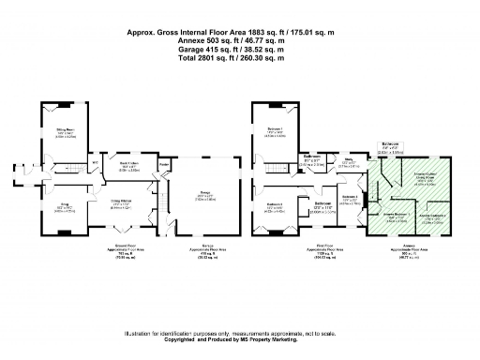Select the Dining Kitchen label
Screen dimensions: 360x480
click(120, 203)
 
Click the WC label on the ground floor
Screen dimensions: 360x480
click(95, 165)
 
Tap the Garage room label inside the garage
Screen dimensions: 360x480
click(203, 195)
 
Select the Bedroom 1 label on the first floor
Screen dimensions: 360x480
click(275, 132)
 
